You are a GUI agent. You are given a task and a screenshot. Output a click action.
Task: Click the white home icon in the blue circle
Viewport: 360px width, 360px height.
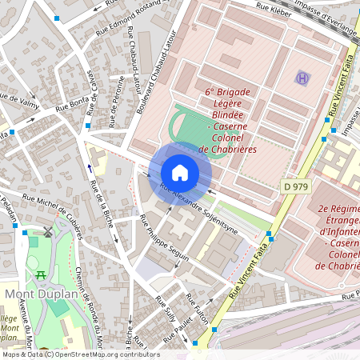click(x=180, y=173)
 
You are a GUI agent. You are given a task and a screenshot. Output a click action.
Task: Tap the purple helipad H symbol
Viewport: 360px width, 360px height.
click(x=302, y=78)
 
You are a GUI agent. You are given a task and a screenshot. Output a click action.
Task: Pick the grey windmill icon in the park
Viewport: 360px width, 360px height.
click(x=48, y=233)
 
